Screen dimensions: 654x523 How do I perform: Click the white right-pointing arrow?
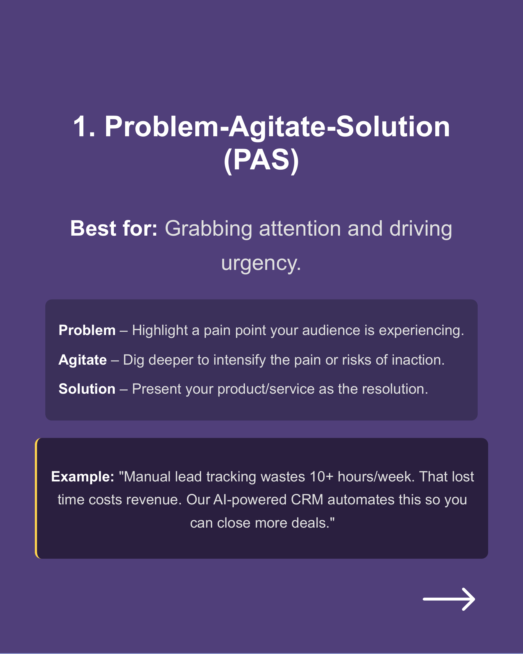(x=449, y=599)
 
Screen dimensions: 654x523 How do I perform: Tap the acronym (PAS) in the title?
(x=261, y=160)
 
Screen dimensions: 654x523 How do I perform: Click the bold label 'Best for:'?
(x=114, y=228)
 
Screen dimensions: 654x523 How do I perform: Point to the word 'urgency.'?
(x=261, y=263)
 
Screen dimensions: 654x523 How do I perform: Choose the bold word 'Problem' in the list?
(x=87, y=330)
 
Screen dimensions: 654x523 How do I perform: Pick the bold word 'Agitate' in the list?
(x=83, y=360)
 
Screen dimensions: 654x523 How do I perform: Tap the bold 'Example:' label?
(x=83, y=477)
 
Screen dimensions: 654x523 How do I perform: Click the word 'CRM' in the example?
(x=307, y=500)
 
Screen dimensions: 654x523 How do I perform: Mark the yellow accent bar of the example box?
(x=36, y=498)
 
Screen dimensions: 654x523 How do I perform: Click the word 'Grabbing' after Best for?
(x=208, y=228)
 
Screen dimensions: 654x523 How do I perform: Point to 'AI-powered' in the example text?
(x=250, y=500)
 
